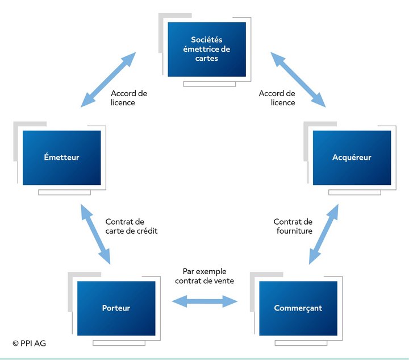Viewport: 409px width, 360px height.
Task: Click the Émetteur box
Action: (x=61, y=158)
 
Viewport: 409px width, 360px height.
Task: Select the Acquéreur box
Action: (x=352, y=158)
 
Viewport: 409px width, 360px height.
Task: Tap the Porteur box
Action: (x=116, y=308)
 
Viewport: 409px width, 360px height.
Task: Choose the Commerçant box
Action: (x=298, y=308)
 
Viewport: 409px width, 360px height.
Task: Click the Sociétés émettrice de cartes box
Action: (x=207, y=49)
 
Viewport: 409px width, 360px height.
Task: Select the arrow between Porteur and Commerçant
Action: (x=204, y=301)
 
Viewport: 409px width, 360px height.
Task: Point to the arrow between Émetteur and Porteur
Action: (x=95, y=234)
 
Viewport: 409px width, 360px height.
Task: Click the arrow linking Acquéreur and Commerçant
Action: (x=324, y=234)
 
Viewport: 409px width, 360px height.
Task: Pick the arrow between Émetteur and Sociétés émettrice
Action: (x=108, y=80)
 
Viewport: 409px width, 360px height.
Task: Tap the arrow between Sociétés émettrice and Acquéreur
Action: (x=298, y=80)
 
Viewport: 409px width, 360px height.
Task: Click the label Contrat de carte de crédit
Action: (x=131, y=226)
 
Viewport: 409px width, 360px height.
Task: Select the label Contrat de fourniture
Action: (x=293, y=226)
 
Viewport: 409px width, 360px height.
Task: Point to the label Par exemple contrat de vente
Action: (x=204, y=276)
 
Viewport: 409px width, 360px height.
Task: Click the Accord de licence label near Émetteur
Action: (x=129, y=98)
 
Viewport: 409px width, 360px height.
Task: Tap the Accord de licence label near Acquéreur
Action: (x=277, y=98)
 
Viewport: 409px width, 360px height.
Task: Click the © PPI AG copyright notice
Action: (x=29, y=344)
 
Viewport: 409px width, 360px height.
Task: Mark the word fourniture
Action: (x=294, y=231)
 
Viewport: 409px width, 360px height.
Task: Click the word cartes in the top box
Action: (x=207, y=58)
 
